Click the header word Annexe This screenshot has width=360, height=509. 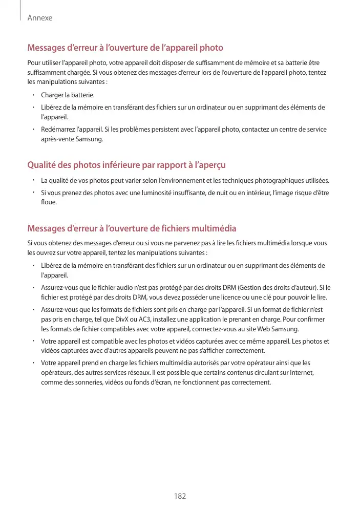pos(40,18)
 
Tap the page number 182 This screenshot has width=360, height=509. pos(180,496)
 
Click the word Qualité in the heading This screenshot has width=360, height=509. pos(43,165)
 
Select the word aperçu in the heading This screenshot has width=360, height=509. pos(210,165)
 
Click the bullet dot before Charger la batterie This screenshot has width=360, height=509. pos(32,95)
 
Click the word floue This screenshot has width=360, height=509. pos(49,202)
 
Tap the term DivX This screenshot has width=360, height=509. pos(123,319)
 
